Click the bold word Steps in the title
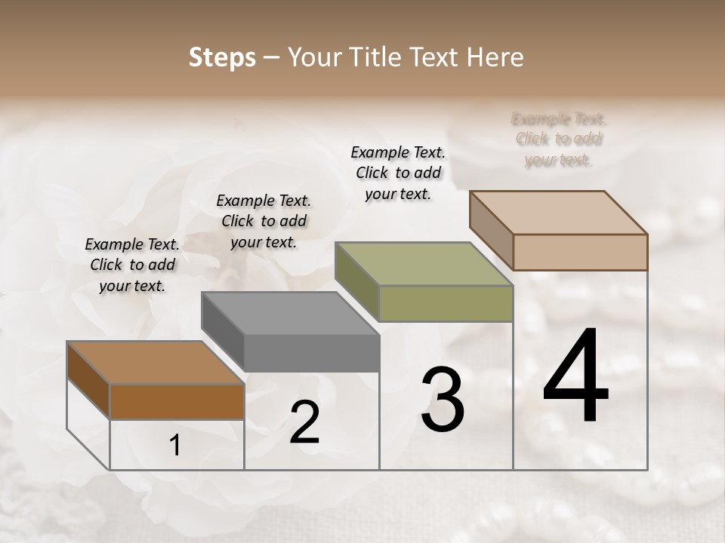click(x=222, y=57)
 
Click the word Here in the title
click(x=496, y=57)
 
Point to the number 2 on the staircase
click(x=304, y=422)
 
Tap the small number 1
click(x=175, y=446)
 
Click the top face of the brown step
click(x=156, y=363)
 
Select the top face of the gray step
click(x=290, y=313)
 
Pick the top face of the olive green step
click(x=424, y=264)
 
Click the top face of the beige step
click(x=559, y=213)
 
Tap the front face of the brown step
click(x=177, y=401)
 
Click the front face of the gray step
click(x=312, y=353)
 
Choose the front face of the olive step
click(x=446, y=303)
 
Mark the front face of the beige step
click(x=580, y=252)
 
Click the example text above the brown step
click(x=132, y=265)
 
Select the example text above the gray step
click(x=264, y=221)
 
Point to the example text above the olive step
click(x=398, y=173)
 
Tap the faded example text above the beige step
click(x=559, y=140)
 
